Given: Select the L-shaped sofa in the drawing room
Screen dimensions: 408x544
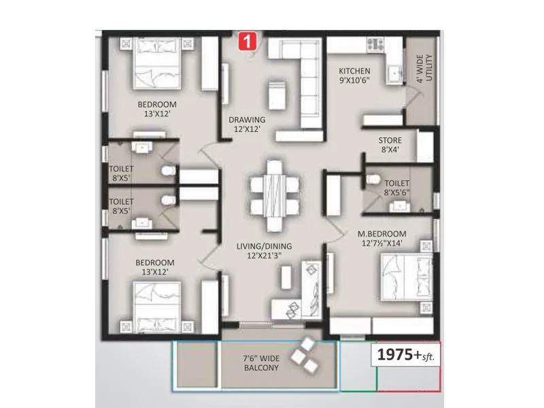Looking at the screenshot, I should point(299,75).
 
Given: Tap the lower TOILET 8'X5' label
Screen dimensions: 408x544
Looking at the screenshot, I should point(122,206).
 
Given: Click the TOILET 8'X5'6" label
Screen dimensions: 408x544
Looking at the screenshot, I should point(396,188).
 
